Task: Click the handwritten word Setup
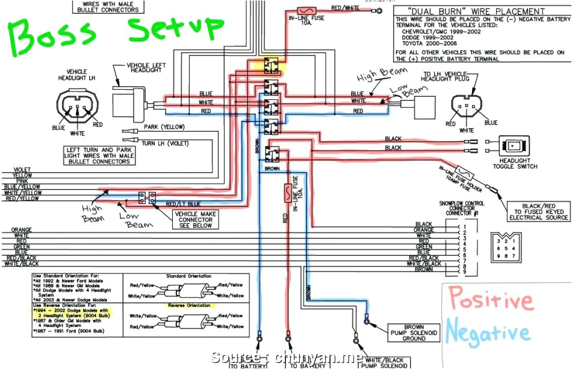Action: coord(175,30)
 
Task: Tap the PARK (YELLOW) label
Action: coord(164,127)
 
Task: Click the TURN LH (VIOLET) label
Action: coord(165,143)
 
